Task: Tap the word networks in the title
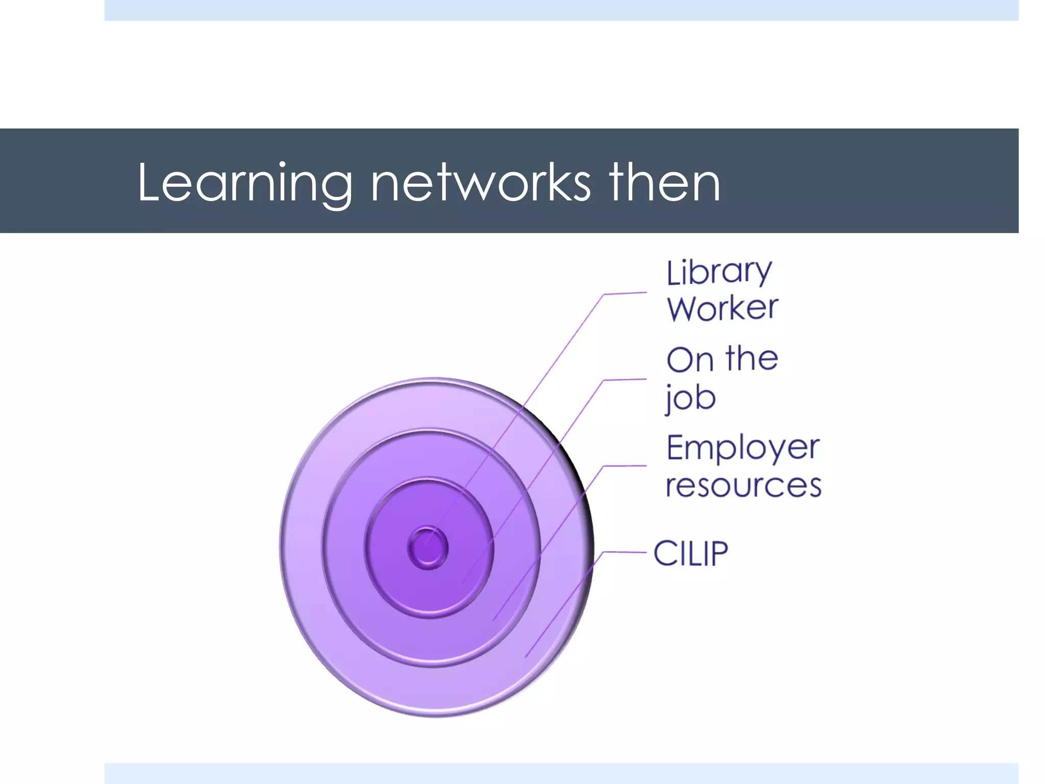click(481, 183)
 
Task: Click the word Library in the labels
click(719, 273)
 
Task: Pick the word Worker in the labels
click(723, 308)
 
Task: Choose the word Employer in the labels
click(742, 448)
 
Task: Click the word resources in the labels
click(743, 485)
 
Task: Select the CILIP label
click(690, 553)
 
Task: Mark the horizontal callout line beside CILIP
click(625, 552)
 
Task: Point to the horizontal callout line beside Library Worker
click(625, 293)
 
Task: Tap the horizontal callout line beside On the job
click(625, 380)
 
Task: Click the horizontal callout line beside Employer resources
click(625, 466)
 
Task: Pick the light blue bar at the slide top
click(561, 10)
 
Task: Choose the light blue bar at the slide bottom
click(561, 773)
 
